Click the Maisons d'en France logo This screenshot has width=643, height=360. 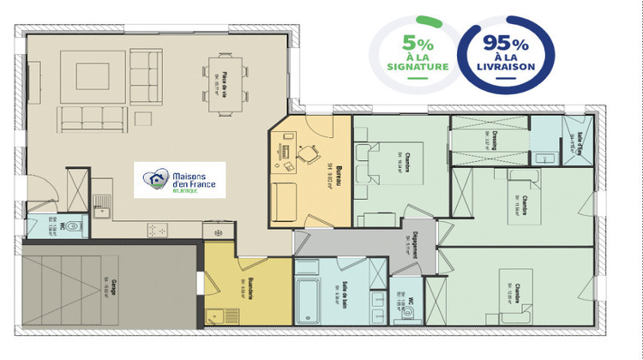pos(183,180)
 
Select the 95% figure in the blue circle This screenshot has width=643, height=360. pos(506,42)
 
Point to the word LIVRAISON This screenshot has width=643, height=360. pos(507,66)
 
